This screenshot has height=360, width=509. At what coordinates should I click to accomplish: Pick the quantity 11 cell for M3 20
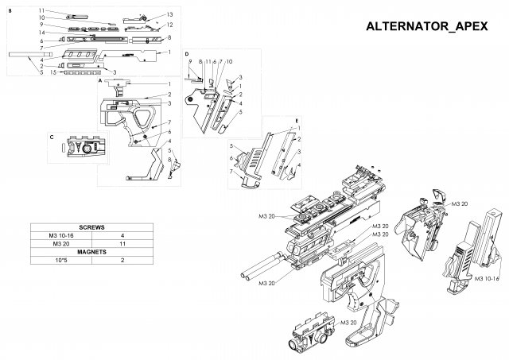pyautogui.click(x=122, y=243)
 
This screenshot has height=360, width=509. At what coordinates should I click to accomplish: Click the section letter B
pyautogui.click(x=10, y=10)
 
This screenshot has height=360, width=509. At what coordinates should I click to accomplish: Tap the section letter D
pyautogui.click(x=185, y=53)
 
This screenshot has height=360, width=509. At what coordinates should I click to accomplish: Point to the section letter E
pyautogui.click(x=297, y=122)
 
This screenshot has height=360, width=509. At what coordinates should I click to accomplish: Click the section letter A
pyautogui.click(x=101, y=81)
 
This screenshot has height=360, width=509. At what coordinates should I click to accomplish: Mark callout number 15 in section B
pyautogui.click(x=52, y=72)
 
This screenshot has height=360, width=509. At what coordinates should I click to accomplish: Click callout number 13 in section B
pyautogui.click(x=169, y=15)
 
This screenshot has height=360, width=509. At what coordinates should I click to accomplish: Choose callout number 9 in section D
pyautogui.click(x=190, y=61)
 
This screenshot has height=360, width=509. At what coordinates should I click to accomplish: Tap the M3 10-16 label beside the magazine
pyautogui.click(x=485, y=279)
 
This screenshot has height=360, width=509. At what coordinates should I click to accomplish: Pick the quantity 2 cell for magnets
pyautogui.click(x=122, y=260)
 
